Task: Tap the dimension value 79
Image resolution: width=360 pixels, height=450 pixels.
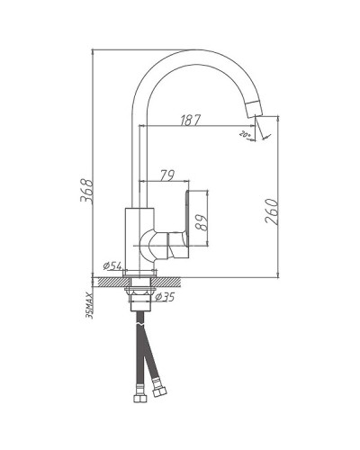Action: point(166,175)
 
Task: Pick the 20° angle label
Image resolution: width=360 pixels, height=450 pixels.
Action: point(244,135)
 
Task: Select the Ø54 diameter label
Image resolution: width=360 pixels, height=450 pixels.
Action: point(113,265)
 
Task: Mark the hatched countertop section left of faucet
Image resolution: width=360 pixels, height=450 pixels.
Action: point(108,281)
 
